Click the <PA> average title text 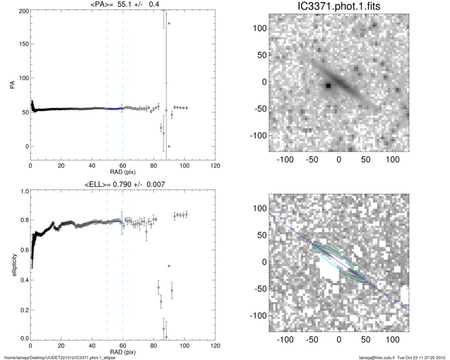(x=123, y=5)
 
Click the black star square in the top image (x=328, y=86)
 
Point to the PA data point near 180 (x=169, y=23)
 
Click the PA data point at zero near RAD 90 (x=169, y=146)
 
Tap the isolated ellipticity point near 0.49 (x=169, y=266)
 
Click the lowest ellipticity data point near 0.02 (x=166, y=337)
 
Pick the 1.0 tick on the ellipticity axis (x=22, y=192)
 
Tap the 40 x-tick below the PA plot (x=92, y=166)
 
